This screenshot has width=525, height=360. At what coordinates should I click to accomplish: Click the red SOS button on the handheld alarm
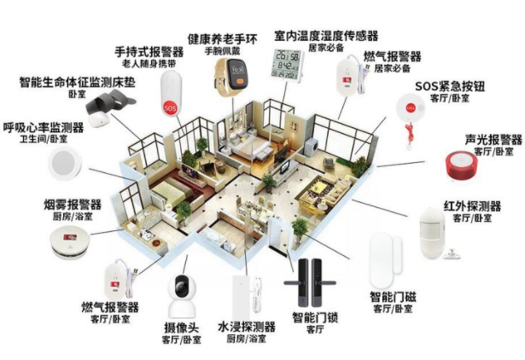tap(170, 107)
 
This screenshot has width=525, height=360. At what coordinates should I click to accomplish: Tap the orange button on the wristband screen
tap(240, 81)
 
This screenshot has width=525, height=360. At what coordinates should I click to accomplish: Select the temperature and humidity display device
tap(288, 65)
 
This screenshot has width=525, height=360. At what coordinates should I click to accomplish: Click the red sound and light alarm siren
tap(461, 166)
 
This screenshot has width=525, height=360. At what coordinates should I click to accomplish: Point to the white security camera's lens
tap(182, 287)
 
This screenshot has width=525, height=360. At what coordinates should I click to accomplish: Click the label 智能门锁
tap(315, 316)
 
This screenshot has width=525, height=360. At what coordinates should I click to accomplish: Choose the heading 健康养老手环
tap(222, 39)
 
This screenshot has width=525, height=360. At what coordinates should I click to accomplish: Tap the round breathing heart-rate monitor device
tap(64, 164)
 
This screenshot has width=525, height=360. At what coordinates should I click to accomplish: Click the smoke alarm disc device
tap(70, 242)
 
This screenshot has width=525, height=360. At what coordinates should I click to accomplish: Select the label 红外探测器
tap(472, 206)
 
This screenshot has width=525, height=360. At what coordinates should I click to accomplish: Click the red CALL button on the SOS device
tap(411, 107)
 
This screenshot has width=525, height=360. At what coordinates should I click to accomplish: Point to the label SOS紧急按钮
tap(450, 86)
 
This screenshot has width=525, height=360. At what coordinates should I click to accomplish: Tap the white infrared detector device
tap(433, 233)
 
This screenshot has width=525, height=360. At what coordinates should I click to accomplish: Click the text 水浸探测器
tap(247, 327)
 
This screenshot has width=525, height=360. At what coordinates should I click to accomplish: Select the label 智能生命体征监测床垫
tap(78, 82)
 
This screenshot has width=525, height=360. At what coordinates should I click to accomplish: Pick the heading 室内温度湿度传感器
tap(326, 36)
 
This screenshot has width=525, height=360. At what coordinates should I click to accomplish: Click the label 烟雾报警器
tap(73, 204)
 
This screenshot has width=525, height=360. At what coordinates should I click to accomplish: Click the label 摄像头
tap(182, 328)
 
